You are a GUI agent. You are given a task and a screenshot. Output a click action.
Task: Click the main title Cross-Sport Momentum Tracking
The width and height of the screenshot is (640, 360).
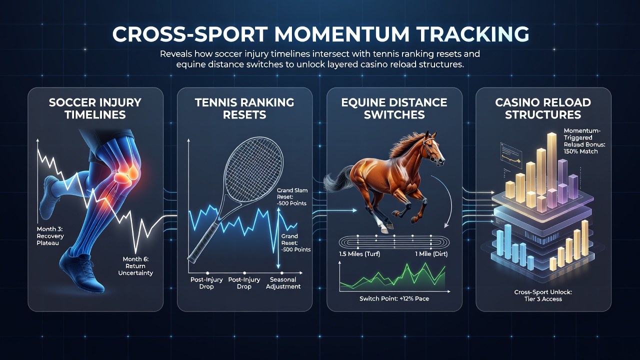[x=320, y=34]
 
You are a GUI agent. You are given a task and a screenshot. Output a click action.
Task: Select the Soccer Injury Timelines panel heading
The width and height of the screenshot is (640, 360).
[x=95, y=108]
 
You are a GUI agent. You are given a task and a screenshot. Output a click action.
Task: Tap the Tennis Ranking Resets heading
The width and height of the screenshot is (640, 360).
[x=244, y=108]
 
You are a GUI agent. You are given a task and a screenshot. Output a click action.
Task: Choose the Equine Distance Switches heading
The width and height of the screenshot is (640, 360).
[x=394, y=108]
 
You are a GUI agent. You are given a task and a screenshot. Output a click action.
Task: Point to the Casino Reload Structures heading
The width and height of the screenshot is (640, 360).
[x=543, y=108]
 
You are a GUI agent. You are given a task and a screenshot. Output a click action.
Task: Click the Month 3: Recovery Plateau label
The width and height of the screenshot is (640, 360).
[x=50, y=236]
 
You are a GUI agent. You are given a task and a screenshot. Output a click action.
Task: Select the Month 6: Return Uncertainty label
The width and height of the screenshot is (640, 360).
[x=135, y=266]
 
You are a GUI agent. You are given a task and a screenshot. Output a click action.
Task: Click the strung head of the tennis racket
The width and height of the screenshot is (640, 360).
[x=253, y=169]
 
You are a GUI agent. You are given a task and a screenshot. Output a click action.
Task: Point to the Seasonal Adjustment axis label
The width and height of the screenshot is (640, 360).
[x=283, y=283]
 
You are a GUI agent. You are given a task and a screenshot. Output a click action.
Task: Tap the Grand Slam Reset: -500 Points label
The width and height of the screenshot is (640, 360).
[x=291, y=197]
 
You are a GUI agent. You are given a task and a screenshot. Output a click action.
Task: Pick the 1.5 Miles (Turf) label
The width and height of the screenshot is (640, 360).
[x=359, y=253]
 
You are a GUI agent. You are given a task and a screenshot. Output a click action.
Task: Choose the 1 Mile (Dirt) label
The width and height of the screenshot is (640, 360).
[x=431, y=253]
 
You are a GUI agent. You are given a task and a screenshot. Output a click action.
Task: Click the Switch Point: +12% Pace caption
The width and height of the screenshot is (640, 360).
[x=394, y=298]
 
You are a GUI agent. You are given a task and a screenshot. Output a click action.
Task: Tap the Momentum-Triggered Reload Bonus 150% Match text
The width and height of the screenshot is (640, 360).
[x=584, y=141]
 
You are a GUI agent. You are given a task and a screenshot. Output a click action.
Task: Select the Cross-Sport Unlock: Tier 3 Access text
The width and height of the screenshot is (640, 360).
[x=543, y=295]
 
